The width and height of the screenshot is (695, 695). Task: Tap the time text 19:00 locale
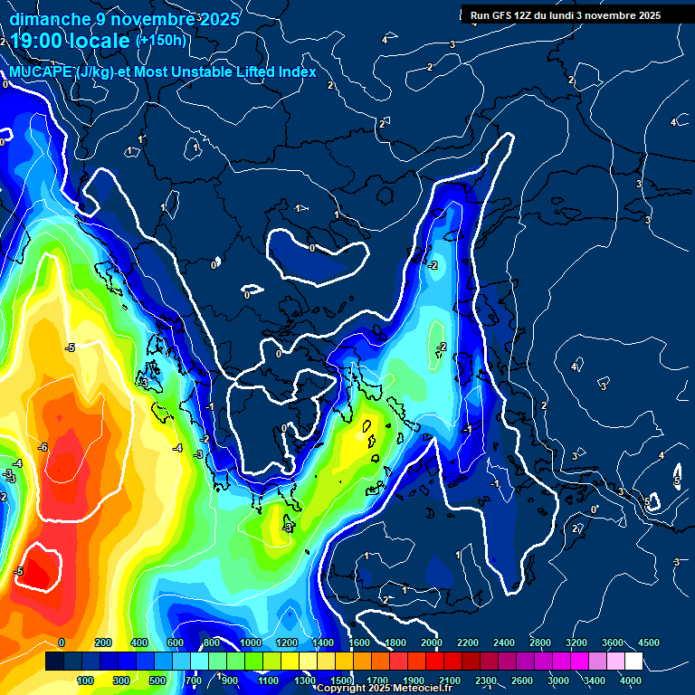pyautogui.click(x=71, y=42)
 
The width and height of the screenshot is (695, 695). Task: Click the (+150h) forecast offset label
pyautogui.click(x=161, y=40)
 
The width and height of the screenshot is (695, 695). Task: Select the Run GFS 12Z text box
pyautogui.click(x=566, y=15)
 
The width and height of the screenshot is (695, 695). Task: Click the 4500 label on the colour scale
pyautogui.click(x=648, y=642)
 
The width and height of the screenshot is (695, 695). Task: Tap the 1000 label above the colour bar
pyautogui.click(x=251, y=642)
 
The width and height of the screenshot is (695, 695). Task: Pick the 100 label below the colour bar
pyautogui.click(x=85, y=680)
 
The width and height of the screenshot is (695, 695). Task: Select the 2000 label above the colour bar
pyautogui.click(x=431, y=642)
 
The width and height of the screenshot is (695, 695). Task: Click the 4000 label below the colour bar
pyautogui.click(x=630, y=680)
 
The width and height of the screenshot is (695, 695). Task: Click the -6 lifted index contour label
pyautogui.click(x=43, y=447)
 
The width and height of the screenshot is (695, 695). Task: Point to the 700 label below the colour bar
pyautogui.click(x=194, y=680)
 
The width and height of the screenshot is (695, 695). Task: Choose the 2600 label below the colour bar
pyautogui.click(x=521, y=680)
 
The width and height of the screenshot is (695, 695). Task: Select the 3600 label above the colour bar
pyautogui.click(x=613, y=642)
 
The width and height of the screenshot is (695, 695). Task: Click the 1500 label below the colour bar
pyautogui.click(x=340, y=680)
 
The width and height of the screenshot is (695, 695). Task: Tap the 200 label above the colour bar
pyautogui.click(x=102, y=642)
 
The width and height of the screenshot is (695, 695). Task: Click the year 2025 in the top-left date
pyautogui.click(x=218, y=18)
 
